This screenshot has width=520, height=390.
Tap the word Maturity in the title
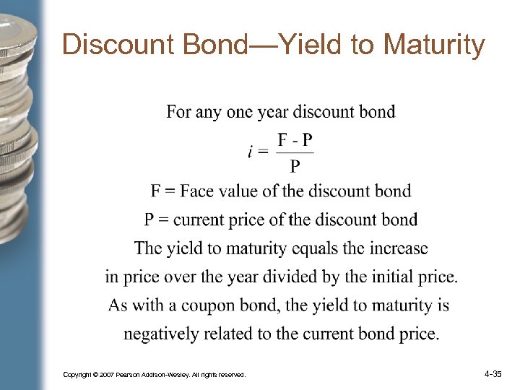[434, 45]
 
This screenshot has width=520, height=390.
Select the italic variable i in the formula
[251, 152]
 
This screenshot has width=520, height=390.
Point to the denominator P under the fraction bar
[295, 167]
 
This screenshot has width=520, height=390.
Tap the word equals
[317, 248]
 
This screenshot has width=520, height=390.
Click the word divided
[313, 277]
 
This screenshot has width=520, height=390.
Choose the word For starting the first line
[179, 112]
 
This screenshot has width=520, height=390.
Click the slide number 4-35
[493, 374]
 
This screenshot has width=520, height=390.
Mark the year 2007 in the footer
[105, 376]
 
